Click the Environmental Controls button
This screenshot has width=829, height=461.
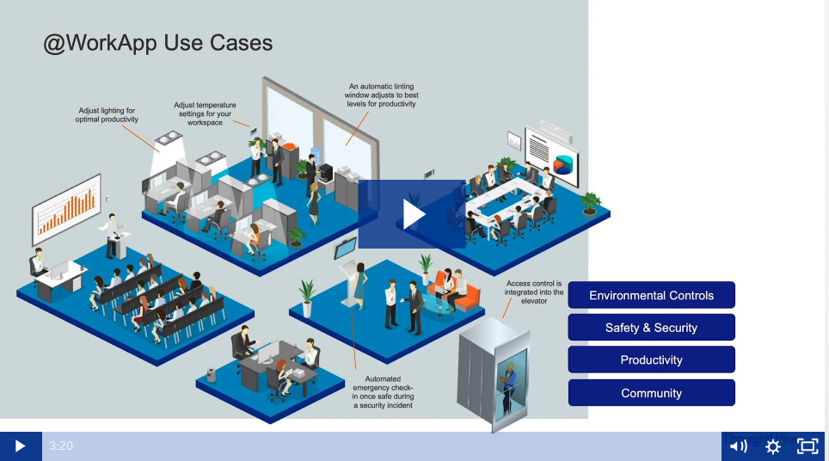tap(651, 295)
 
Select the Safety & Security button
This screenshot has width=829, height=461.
tap(651, 327)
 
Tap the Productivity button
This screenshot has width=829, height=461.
tap(651, 360)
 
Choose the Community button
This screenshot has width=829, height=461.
tap(651, 393)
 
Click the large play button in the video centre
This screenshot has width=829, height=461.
tap(412, 214)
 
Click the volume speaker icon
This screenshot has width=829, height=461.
tap(738, 446)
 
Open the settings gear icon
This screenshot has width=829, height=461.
tap(773, 446)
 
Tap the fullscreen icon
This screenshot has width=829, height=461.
tap(808, 446)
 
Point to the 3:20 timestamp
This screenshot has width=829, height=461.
tap(61, 446)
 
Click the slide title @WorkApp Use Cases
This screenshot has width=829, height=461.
tap(158, 43)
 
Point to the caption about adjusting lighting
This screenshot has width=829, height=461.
tap(107, 114)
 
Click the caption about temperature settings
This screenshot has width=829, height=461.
tap(206, 114)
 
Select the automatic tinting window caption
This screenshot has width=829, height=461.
tap(381, 95)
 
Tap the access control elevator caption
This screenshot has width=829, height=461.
tap(534, 292)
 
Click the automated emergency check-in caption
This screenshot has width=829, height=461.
tap(384, 392)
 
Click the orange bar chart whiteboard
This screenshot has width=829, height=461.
tap(66, 209)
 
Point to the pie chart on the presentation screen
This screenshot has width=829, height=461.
tap(563, 163)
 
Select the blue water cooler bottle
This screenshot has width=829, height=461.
tap(316, 155)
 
